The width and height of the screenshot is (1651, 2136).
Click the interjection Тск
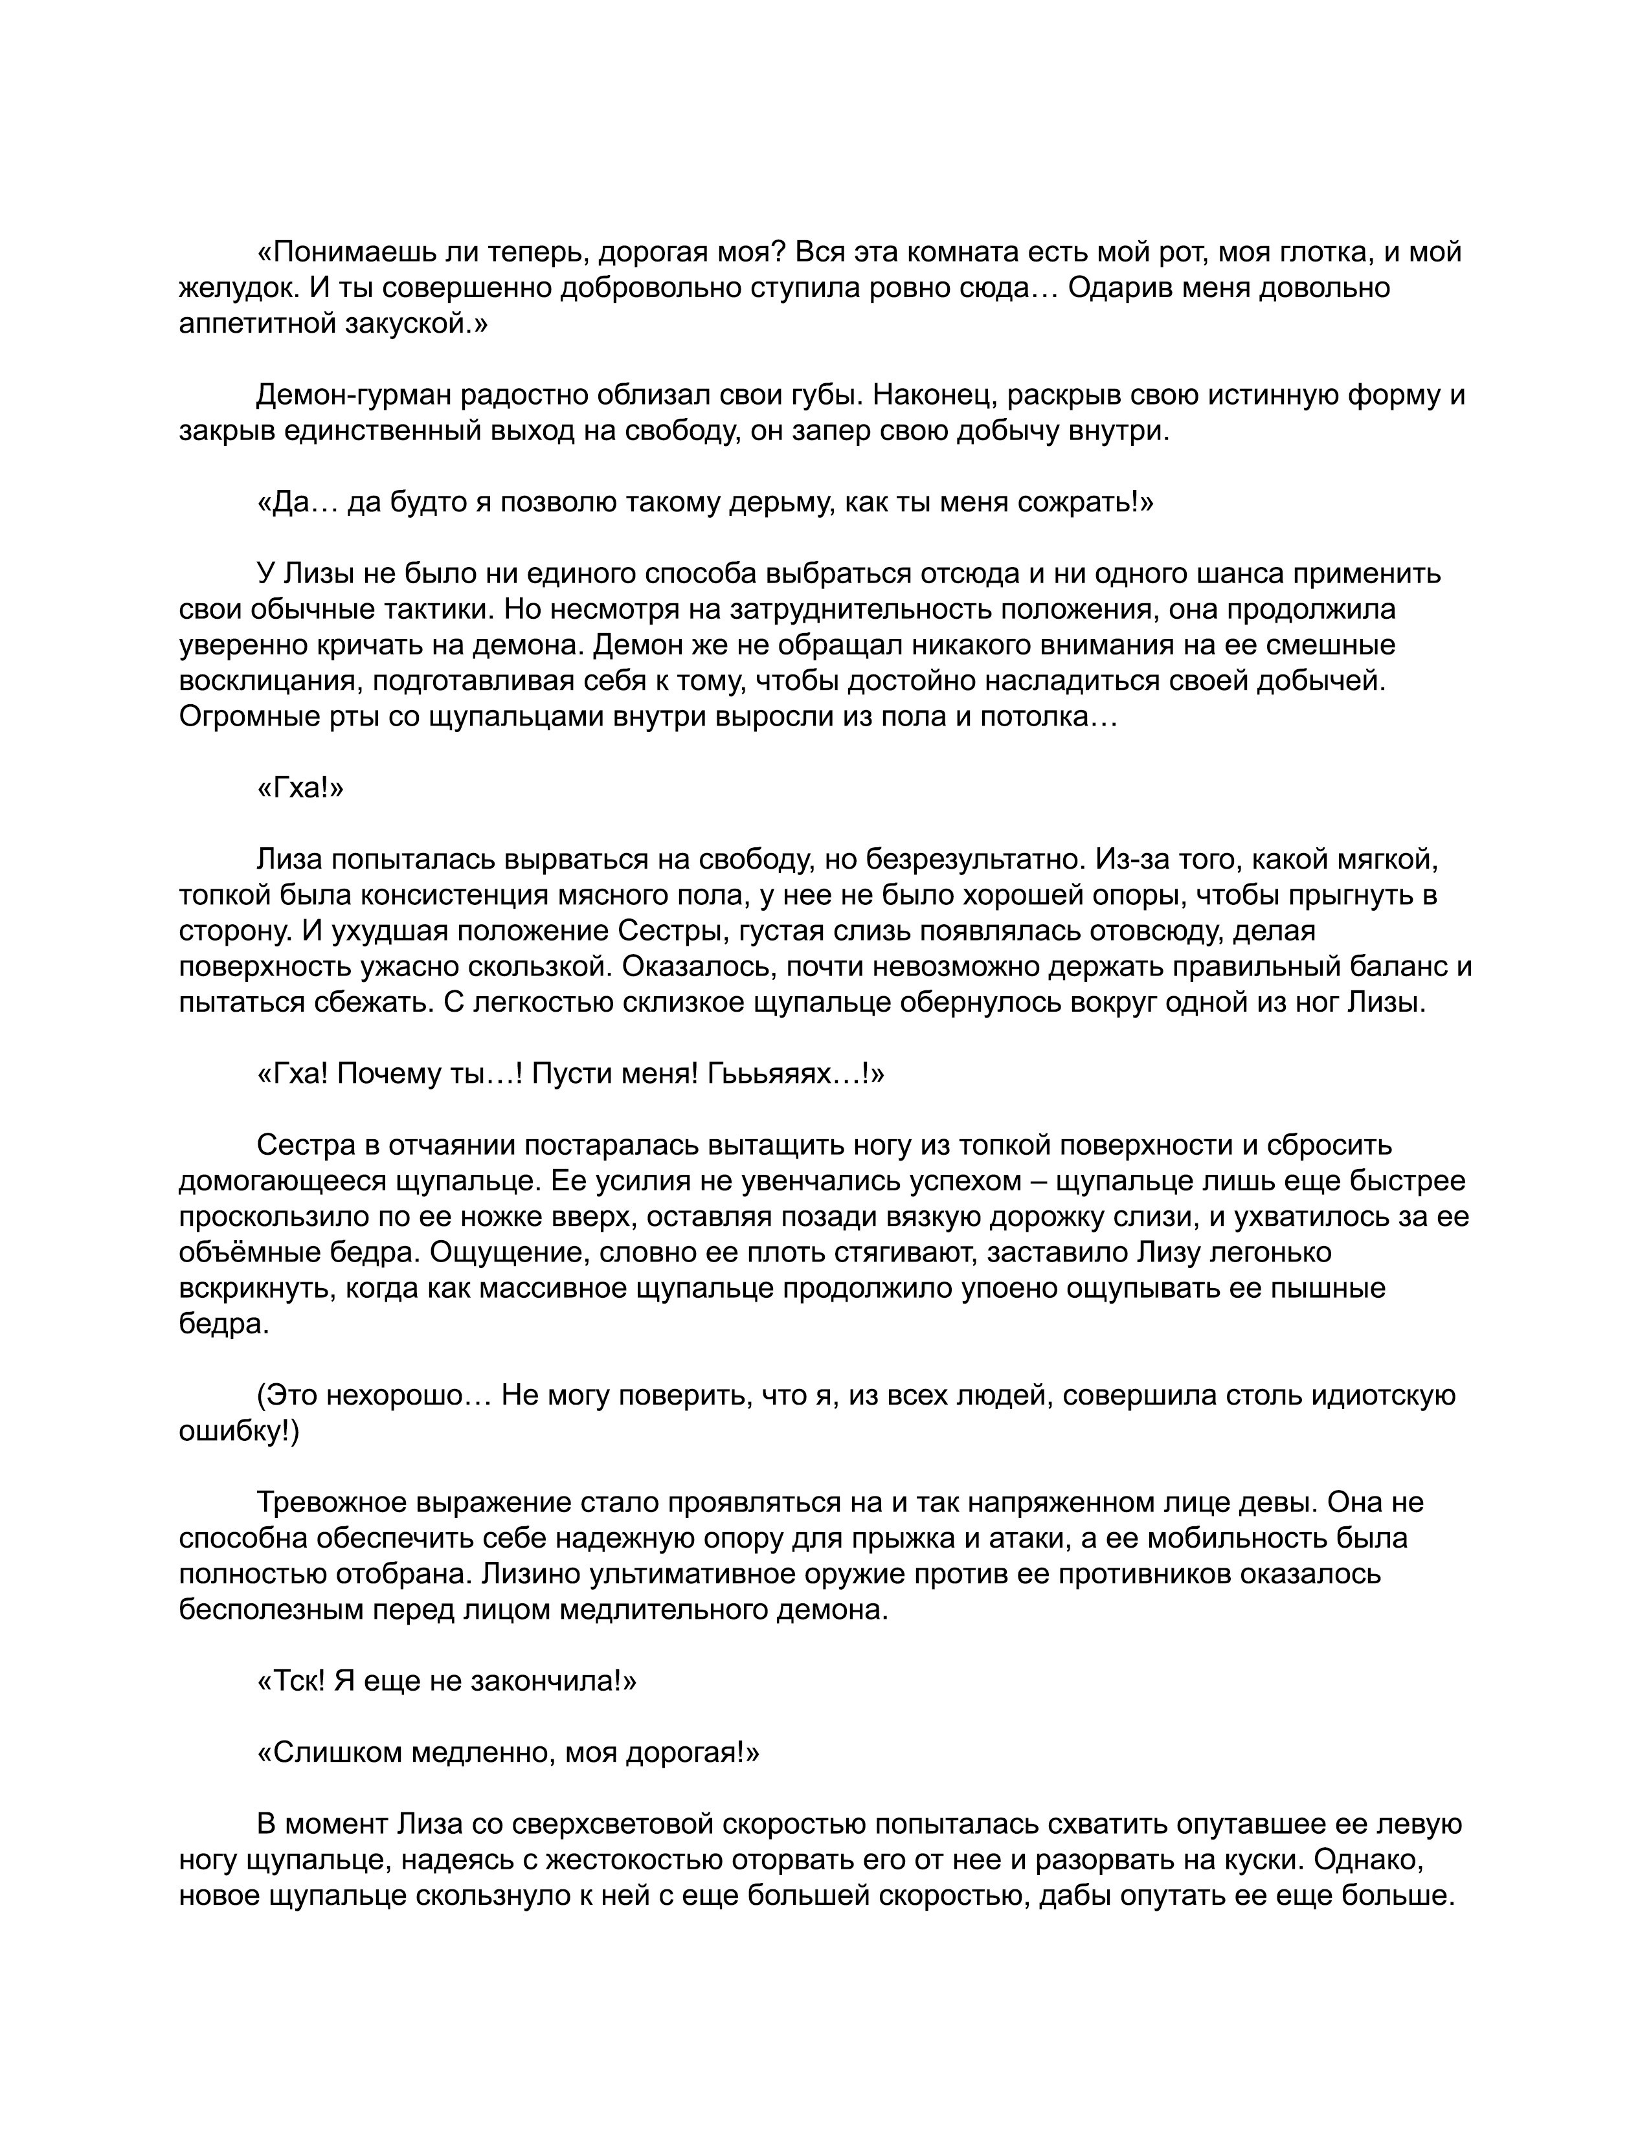(x=289, y=1681)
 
